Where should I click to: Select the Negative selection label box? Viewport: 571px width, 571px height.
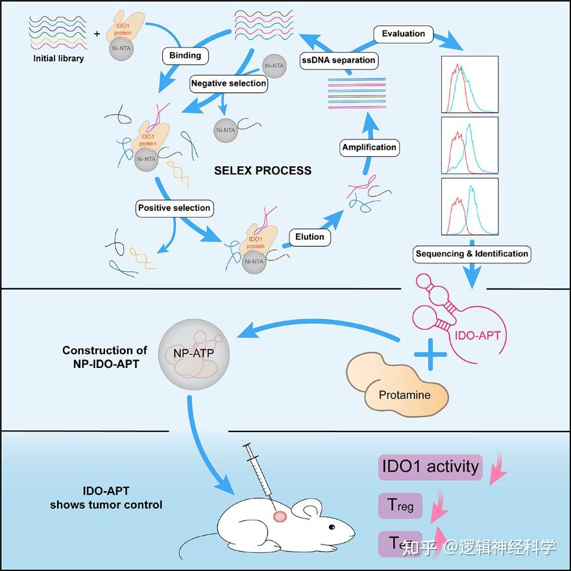228,83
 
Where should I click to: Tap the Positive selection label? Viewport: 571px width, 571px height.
174,208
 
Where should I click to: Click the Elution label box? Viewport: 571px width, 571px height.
310,237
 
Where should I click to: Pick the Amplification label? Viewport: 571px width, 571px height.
369,147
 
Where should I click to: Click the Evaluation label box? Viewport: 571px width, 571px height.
403,34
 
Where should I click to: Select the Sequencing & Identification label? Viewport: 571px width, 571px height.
472,254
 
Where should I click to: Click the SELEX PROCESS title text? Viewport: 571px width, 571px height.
263,171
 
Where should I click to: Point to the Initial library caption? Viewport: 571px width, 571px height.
59,58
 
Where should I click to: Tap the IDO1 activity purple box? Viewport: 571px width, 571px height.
430,466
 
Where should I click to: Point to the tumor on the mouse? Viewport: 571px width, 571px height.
280,516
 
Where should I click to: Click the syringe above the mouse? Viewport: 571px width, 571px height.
259,474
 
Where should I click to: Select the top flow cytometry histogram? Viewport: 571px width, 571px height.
469,84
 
